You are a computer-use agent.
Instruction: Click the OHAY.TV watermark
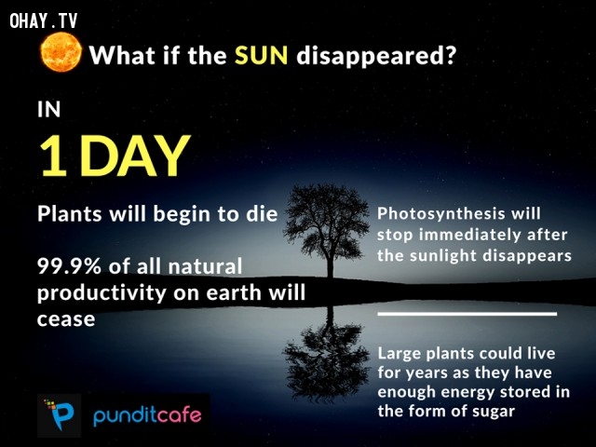(44, 20)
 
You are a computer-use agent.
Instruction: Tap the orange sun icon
(61, 52)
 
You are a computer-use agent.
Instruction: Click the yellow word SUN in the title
(261, 56)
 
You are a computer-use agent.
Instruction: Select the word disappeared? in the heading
(376, 56)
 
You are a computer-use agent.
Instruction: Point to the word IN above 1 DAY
(49, 110)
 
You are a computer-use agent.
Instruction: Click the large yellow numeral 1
(54, 156)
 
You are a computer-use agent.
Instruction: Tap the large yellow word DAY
(135, 156)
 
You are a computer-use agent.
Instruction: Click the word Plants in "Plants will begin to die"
(70, 213)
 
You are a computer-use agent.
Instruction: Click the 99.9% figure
(69, 266)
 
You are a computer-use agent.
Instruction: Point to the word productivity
(102, 293)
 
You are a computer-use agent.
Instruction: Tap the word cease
(66, 319)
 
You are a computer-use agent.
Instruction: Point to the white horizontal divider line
(467, 314)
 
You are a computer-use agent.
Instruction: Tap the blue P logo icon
(60, 415)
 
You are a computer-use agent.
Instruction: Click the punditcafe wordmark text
(147, 415)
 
